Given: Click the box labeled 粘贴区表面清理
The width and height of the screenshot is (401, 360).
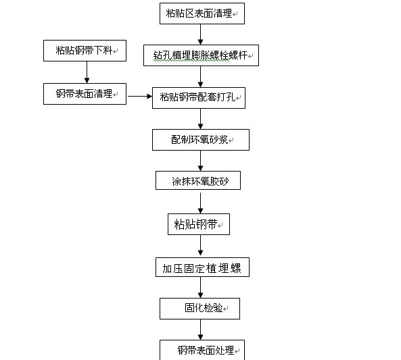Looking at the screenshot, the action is [202, 14].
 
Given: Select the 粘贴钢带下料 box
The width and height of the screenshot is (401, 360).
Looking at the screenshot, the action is [85, 51].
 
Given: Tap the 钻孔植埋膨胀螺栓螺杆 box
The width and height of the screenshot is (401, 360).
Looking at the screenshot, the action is [201, 55].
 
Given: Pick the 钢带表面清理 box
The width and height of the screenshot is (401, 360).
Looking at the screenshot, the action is [85, 94].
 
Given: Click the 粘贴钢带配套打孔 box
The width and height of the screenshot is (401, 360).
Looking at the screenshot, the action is [199, 98].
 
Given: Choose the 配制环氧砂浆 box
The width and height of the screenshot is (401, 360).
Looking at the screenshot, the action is [201, 140].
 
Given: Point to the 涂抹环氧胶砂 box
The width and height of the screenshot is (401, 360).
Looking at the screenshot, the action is [198, 180].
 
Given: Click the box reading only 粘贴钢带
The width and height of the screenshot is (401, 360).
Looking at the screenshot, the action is [199, 224].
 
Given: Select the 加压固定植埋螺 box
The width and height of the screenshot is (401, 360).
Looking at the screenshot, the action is [202, 267].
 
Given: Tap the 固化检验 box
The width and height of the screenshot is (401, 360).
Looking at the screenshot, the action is [199, 309].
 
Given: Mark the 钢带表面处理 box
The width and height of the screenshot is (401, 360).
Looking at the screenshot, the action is [202, 350].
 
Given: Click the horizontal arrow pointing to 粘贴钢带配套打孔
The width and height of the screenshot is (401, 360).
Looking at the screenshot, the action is [140, 97].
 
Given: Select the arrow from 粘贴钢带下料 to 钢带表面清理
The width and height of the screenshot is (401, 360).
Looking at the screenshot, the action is [87, 72].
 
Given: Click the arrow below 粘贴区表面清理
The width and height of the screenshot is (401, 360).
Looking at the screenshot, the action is [200, 34].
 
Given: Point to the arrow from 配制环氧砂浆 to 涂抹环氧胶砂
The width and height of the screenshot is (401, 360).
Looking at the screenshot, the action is [200, 161].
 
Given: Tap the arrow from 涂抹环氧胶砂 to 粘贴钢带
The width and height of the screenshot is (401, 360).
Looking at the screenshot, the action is [200, 203].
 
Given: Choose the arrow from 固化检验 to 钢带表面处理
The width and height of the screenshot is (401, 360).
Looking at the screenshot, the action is [200, 330].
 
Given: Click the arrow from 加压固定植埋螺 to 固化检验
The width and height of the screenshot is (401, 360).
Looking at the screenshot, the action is [200, 288].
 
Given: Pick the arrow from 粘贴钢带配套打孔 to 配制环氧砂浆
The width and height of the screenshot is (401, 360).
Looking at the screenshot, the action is [200, 119].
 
